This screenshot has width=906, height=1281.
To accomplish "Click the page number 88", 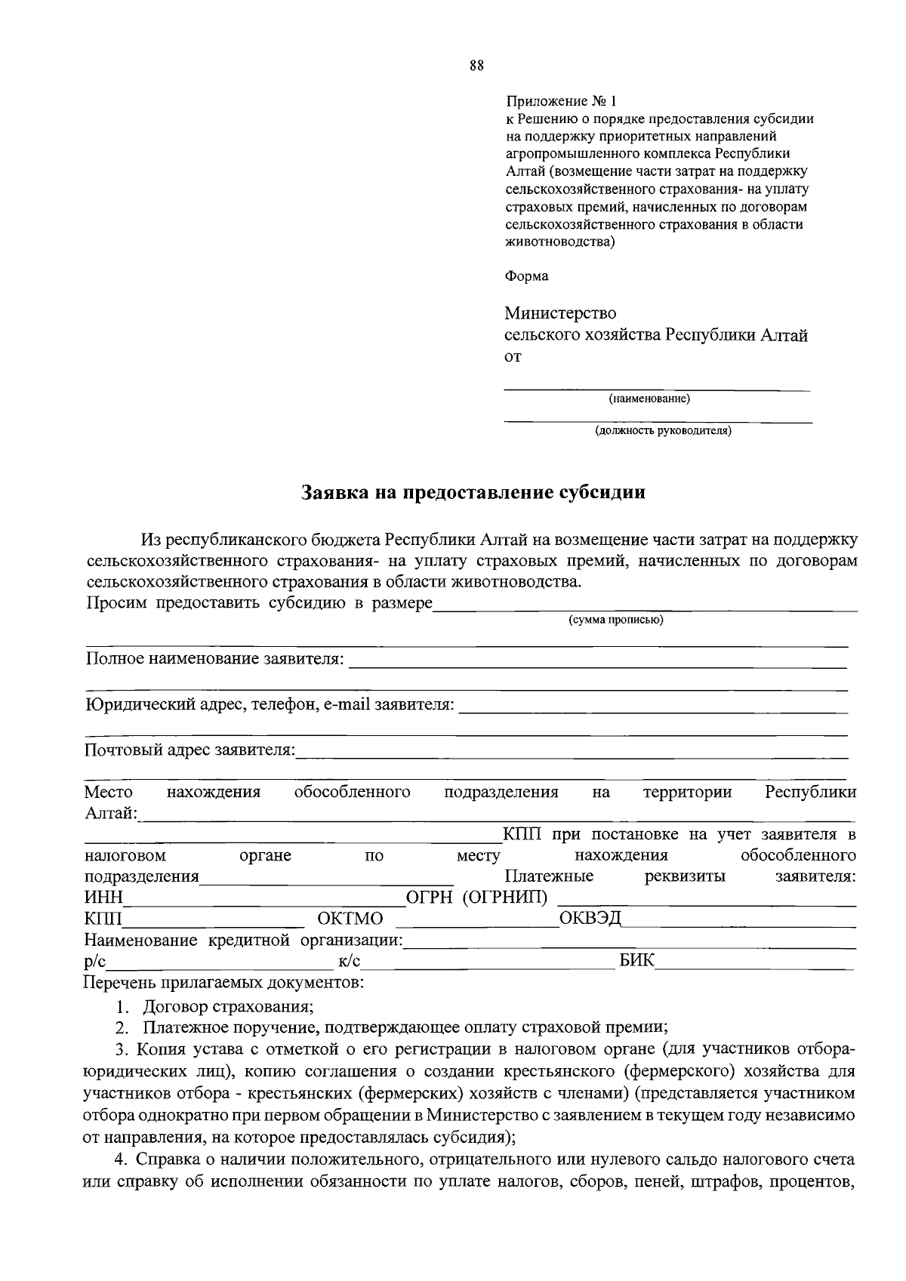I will pos(476,66).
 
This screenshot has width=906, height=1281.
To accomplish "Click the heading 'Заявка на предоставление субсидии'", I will pos(474,493).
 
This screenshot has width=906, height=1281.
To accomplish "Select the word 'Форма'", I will pos(526,276).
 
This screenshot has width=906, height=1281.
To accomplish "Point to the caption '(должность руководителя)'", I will pos(663,431).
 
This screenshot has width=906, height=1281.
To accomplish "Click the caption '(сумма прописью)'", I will pos(615,620).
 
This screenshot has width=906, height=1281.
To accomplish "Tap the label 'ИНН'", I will pos(103,898).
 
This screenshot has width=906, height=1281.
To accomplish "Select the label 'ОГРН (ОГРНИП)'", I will pos(477,898).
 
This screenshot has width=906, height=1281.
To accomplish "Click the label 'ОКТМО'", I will pos(350,919).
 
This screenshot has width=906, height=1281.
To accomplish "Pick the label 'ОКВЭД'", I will pos(590,918).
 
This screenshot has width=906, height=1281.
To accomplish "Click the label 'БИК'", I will pos(637,961).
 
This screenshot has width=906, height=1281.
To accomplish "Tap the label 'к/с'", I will pos(350,962).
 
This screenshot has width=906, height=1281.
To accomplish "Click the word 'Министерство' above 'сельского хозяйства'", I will pos(560,313).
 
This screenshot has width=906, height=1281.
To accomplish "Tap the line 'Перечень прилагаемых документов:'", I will pos(223,983).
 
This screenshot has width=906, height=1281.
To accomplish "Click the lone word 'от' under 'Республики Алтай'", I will pos(513,357).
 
